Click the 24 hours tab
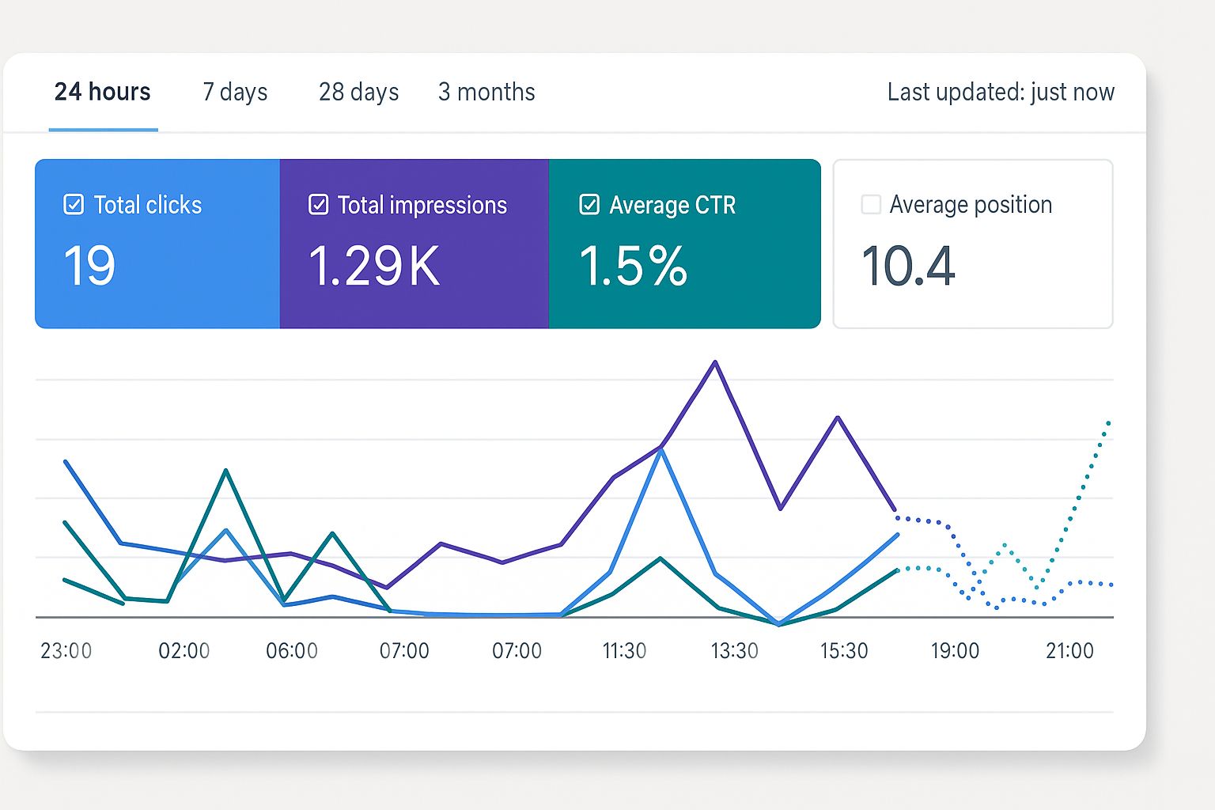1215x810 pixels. [x=103, y=93]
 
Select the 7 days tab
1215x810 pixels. [x=235, y=93]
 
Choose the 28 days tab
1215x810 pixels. [x=358, y=93]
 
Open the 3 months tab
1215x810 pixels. [x=486, y=93]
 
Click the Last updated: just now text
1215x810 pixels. [x=1000, y=93]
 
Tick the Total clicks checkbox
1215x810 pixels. [x=74, y=205]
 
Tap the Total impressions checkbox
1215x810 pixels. [x=318, y=205]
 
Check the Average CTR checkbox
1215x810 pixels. [x=589, y=205]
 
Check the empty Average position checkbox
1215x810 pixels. [x=871, y=205]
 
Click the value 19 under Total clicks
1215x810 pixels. [x=89, y=266]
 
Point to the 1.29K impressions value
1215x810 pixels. [x=373, y=266]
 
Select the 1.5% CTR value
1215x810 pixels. [x=633, y=266]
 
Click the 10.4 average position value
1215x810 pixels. [x=908, y=266]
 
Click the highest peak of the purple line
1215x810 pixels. [x=715, y=362]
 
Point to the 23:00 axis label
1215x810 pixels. [x=66, y=651]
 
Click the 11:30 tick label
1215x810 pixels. [x=624, y=651]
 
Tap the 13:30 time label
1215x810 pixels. [x=734, y=651]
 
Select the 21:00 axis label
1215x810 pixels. [x=1069, y=651]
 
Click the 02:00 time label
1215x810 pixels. [x=184, y=651]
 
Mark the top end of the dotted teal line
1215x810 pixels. [x=1109, y=422]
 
